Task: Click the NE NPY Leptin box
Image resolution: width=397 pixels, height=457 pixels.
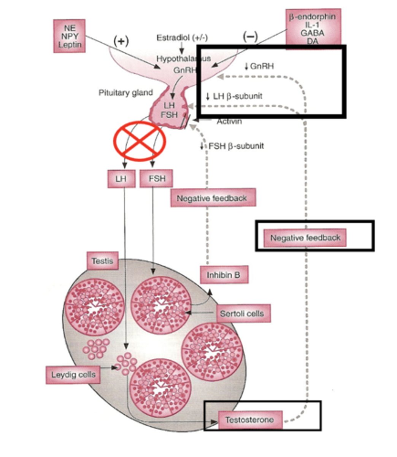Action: pos(69,36)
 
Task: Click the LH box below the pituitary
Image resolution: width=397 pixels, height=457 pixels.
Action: pos(121,179)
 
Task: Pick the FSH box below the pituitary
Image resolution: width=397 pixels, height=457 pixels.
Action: pos(156,179)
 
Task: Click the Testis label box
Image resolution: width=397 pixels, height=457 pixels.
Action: pos(102,262)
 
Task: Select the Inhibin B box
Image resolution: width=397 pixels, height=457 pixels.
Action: pos(224,275)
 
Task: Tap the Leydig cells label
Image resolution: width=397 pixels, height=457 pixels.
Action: pos(73,375)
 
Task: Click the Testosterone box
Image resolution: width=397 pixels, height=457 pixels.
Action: pos(250,420)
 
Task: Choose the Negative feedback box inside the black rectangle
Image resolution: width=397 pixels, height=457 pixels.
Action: pos(305,238)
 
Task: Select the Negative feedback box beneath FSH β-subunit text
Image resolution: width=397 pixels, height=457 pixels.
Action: pos(213,198)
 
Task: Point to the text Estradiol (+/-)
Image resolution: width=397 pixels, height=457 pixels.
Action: pos(182,38)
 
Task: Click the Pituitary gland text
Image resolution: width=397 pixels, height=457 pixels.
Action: pos(125,93)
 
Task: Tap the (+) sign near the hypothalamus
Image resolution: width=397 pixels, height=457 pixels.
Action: pos(121,41)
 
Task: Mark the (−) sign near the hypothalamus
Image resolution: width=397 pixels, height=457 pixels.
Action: pos(250,37)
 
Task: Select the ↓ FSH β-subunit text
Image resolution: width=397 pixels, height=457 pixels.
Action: pos(232,146)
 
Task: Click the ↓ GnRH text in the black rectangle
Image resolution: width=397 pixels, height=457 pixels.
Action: pos(259,66)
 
